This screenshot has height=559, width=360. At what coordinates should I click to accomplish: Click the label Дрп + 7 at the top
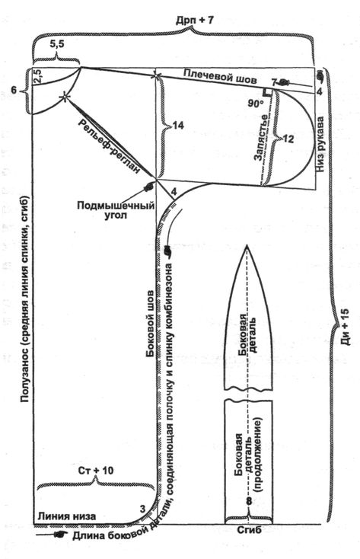pyautogui.click(x=195, y=20)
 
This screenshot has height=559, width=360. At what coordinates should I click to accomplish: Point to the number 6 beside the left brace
pyautogui.click(x=13, y=90)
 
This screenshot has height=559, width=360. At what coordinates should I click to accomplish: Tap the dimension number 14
pyautogui.click(x=178, y=125)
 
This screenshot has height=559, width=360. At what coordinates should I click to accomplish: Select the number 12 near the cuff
pyautogui.click(x=288, y=139)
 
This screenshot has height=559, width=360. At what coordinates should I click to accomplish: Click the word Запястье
pyautogui.click(x=263, y=138)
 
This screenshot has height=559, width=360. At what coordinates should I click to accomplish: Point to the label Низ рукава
pyautogui.click(x=320, y=145)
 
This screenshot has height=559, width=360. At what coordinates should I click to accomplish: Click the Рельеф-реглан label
pyautogui.click(x=109, y=146)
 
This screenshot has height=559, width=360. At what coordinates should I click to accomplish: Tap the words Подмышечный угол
pyautogui.click(x=116, y=210)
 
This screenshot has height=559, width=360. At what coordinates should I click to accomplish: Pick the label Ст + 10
pyautogui.click(x=96, y=471)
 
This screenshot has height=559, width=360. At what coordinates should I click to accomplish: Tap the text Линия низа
pyautogui.click(x=67, y=516)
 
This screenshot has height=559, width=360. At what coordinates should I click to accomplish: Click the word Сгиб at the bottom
pyautogui.click(x=249, y=530)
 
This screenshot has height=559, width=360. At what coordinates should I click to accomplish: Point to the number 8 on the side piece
pyautogui.click(x=249, y=501)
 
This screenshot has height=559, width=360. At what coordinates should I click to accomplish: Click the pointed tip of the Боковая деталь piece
pyautogui.click(x=247, y=245)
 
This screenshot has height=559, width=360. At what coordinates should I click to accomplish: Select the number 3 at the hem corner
pyautogui.click(x=142, y=509)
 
